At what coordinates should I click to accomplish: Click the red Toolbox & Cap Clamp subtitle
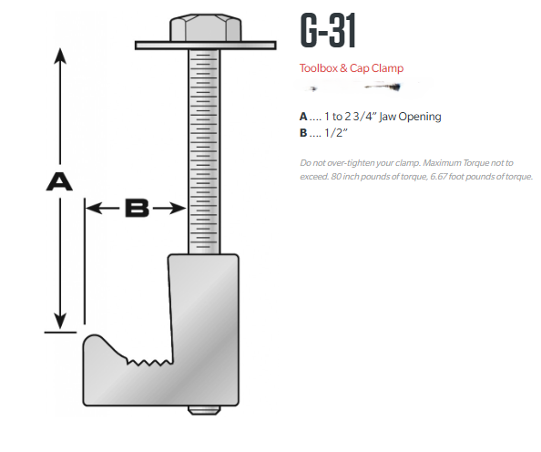tap(351, 68)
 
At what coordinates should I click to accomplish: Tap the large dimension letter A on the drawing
tap(59, 182)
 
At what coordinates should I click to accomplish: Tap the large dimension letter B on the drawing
tap(136, 209)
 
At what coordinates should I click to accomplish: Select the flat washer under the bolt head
tap(206, 44)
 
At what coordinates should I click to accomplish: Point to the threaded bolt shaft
tap(206, 146)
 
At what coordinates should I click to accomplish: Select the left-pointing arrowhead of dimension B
tap(91, 209)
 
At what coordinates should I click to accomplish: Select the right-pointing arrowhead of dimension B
tap(181, 209)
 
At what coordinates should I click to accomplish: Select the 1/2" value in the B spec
tap(341, 131)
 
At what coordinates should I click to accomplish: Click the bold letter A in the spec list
tap(303, 117)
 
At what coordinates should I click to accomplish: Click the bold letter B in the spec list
tap(303, 131)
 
